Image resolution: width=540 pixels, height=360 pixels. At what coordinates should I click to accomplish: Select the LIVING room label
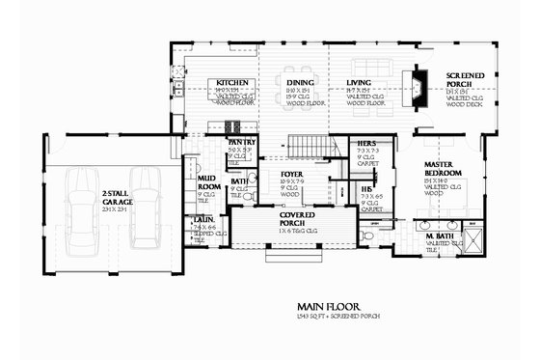tap(359, 83)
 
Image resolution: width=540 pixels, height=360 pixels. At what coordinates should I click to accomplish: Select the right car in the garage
tap(144, 207)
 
